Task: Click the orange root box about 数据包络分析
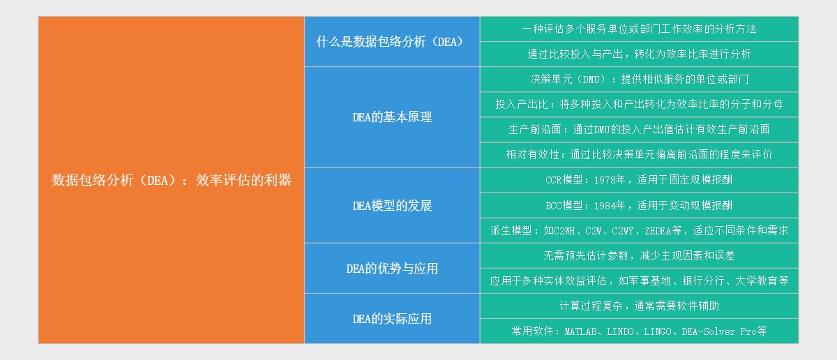(x=171, y=180)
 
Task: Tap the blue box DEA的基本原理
(x=391, y=117)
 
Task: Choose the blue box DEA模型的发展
(x=391, y=206)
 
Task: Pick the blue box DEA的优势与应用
(x=391, y=269)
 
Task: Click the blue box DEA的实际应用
(x=391, y=319)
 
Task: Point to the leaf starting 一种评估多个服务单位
(x=639, y=29)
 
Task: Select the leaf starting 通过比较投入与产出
(x=639, y=54)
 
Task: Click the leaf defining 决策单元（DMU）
(x=639, y=80)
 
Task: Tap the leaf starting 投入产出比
(x=639, y=105)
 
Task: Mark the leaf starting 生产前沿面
(x=639, y=130)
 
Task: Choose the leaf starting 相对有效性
(x=639, y=155)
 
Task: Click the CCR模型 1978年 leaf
(x=639, y=180)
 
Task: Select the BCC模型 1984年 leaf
(x=639, y=206)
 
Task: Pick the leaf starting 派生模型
(x=639, y=231)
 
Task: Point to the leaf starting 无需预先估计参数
(x=639, y=256)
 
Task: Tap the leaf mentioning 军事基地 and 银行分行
(x=639, y=281)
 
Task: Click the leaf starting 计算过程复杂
(x=639, y=306)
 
